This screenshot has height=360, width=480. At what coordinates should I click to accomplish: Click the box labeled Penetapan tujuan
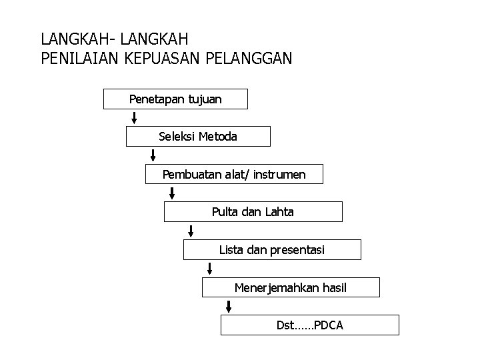[x=175, y=99]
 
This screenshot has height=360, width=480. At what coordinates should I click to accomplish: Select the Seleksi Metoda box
[x=198, y=137]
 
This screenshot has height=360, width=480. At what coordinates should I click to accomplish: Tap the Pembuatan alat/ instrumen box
[x=234, y=175]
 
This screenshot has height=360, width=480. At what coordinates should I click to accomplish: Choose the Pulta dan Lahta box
[x=253, y=212]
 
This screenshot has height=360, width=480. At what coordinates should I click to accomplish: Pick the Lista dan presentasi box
[x=272, y=250]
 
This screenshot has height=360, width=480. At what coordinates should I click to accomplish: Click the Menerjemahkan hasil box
[x=291, y=288]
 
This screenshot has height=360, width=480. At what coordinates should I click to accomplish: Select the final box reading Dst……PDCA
[x=310, y=325]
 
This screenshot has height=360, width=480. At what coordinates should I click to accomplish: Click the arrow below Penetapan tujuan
[x=135, y=118]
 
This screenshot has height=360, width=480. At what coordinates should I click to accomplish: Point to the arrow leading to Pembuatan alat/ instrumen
[x=153, y=155]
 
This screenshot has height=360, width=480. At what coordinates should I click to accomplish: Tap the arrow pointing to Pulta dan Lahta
[x=172, y=193]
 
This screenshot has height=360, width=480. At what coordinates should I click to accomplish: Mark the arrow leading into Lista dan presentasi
[x=191, y=231]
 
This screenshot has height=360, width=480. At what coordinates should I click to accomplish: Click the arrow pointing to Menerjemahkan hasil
[x=210, y=269]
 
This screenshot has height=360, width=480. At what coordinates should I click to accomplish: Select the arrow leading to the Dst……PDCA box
[x=229, y=307]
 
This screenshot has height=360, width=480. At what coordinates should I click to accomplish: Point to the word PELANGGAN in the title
[x=249, y=58]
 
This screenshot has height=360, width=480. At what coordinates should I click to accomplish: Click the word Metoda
[x=217, y=137]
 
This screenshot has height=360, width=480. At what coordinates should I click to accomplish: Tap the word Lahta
[x=279, y=212]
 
